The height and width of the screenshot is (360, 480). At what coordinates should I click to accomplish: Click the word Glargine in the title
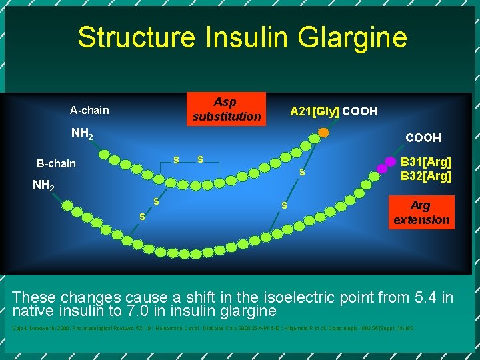[x=354, y=37]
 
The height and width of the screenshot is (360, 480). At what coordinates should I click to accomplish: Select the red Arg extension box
[x=421, y=212]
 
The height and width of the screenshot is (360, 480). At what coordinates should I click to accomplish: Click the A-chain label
[x=89, y=110]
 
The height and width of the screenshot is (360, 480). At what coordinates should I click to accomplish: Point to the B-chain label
[x=56, y=163]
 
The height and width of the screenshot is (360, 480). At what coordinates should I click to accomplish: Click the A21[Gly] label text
[x=314, y=111]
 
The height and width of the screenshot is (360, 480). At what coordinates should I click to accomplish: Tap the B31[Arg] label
[x=426, y=162]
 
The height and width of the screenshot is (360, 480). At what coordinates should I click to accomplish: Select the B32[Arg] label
[x=426, y=177]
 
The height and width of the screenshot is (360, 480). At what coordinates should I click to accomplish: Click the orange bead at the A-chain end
[x=323, y=133]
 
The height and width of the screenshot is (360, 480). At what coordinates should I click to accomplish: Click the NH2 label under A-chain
[x=82, y=134]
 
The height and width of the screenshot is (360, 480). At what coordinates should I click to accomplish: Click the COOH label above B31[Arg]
[x=423, y=138]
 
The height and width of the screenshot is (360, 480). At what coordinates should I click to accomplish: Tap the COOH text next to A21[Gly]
[x=360, y=111]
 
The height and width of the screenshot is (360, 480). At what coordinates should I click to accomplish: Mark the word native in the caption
[x=35, y=311]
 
